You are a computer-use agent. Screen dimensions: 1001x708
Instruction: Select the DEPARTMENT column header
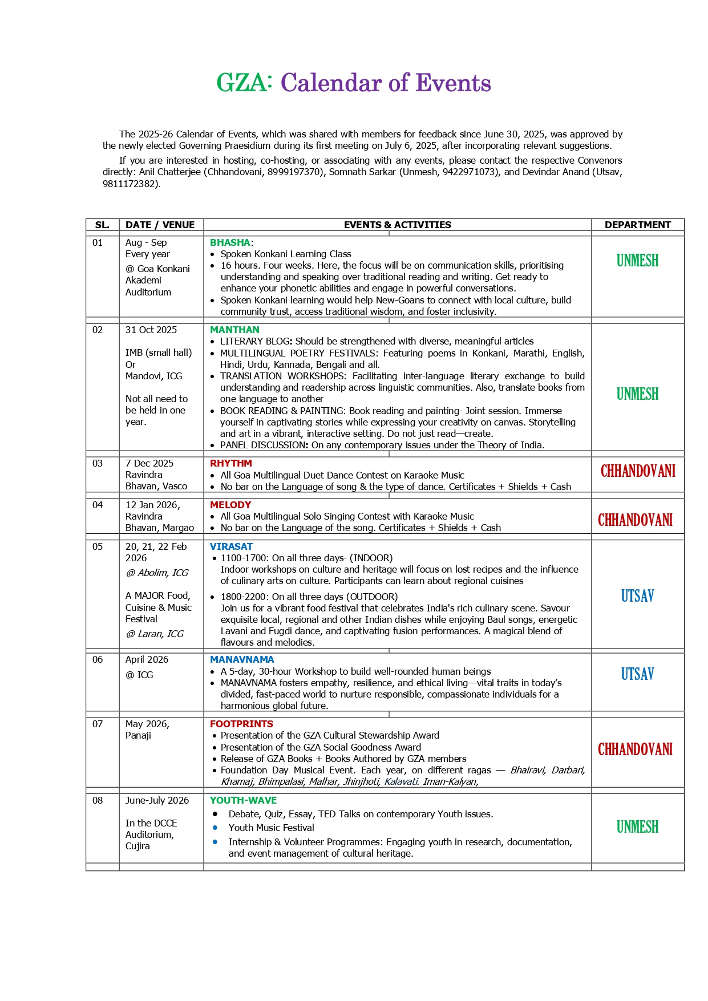point(637,225)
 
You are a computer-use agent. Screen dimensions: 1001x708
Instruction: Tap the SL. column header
point(102,225)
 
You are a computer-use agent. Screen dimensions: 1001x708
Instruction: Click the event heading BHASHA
point(230,242)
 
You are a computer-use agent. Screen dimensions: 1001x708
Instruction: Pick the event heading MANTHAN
point(234,330)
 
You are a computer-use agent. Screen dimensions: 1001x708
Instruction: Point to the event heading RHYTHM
point(230,463)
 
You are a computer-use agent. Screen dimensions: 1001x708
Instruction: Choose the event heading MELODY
point(230,505)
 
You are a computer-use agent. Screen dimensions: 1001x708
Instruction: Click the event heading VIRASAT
point(231,546)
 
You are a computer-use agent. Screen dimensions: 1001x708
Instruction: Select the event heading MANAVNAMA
point(242,659)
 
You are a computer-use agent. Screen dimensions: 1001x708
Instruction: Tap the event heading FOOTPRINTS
point(241,724)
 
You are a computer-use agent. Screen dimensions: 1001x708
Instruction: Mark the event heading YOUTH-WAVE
point(243,800)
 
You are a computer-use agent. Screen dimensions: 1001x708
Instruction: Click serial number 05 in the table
point(98,546)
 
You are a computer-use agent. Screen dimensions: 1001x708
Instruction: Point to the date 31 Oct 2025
point(151,330)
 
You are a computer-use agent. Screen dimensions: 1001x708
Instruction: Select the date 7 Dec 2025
point(149,463)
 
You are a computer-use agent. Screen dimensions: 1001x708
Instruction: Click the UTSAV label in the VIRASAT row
point(637,596)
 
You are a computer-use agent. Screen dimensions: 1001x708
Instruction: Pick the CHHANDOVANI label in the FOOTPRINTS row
point(635,749)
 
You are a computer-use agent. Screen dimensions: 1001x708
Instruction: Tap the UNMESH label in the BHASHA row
point(637,261)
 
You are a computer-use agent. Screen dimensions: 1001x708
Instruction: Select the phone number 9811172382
point(130,184)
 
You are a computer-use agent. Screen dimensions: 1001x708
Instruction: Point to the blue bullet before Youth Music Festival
point(215,828)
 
